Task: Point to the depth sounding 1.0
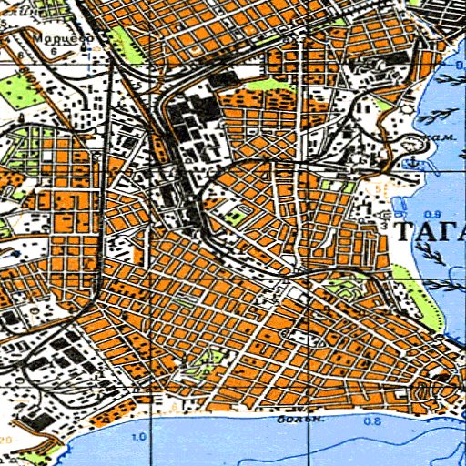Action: [x=138, y=438]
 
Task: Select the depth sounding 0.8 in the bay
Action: [x=370, y=421]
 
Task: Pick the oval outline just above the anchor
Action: [x=412, y=146]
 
